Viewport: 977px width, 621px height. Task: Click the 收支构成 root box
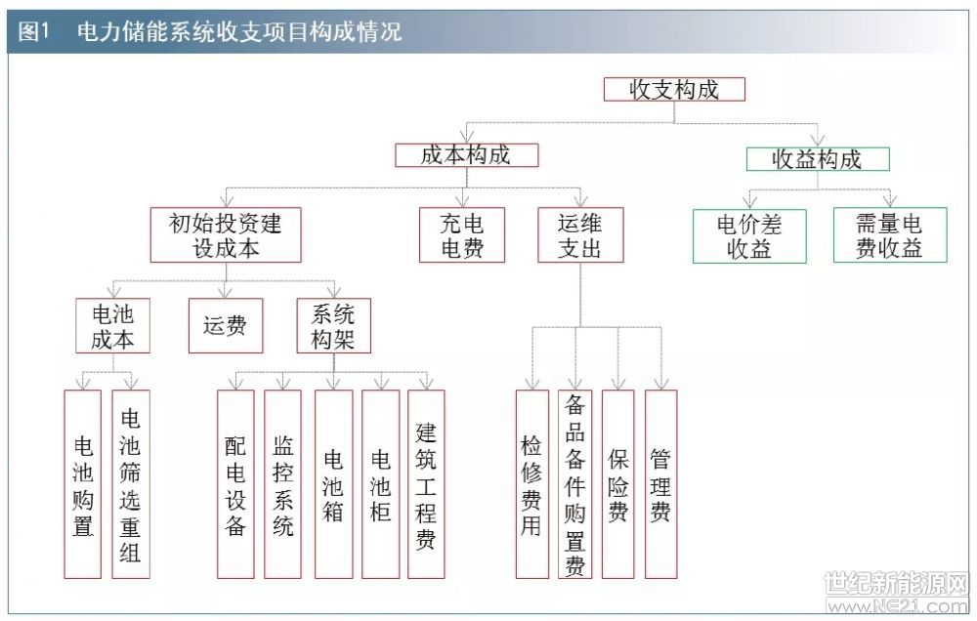coord(674,89)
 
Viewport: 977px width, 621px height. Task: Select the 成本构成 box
coord(467,155)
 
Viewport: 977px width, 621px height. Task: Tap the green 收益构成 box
coord(818,159)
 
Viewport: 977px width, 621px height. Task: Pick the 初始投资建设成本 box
coord(226,234)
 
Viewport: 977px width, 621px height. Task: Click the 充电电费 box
coord(462,234)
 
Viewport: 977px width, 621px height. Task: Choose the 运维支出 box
coord(580,234)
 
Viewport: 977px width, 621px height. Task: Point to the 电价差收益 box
coord(749,236)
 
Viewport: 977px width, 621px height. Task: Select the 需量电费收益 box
coord(890,234)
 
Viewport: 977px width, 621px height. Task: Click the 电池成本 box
coord(112,326)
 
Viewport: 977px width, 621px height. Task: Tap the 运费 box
coord(226,326)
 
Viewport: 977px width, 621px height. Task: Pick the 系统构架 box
coord(333,326)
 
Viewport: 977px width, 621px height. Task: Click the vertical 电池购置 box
coord(83,484)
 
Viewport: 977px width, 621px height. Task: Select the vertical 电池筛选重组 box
coord(131,484)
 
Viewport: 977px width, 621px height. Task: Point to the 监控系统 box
coord(283,484)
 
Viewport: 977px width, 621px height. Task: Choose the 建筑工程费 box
coord(426,484)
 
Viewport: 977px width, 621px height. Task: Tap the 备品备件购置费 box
coord(575,484)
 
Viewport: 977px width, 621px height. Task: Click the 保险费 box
coord(618,484)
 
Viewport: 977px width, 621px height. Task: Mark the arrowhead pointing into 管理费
coord(661,384)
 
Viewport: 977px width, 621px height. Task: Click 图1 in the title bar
coord(33,31)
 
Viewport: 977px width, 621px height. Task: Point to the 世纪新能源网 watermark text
coord(897,584)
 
